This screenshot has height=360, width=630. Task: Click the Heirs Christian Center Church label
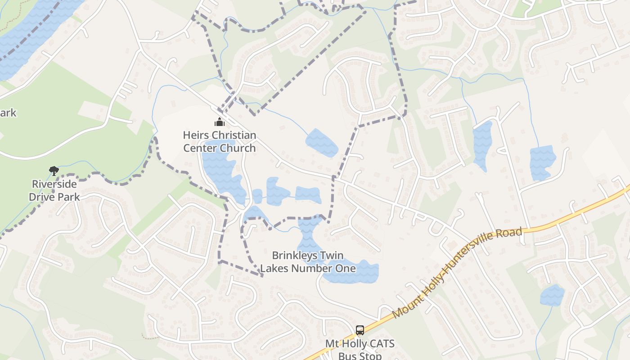pos(220,141)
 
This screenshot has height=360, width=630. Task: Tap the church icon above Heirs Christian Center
pos(220,122)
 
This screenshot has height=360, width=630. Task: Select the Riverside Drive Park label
pos(54,190)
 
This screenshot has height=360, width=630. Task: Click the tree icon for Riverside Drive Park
pos(54,171)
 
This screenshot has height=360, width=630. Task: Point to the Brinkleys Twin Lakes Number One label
pos(308,262)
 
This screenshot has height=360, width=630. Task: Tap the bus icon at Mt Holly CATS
pos(360,330)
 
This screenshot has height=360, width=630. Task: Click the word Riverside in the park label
pos(54,184)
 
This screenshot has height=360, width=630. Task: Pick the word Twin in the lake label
pos(334,256)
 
